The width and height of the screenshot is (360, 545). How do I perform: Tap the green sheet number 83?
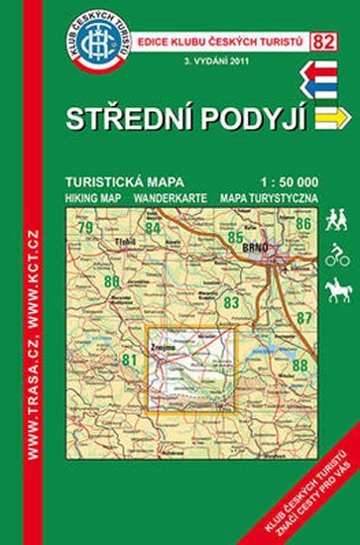click(232, 301)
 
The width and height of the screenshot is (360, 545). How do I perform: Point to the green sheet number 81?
click(128, 359)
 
